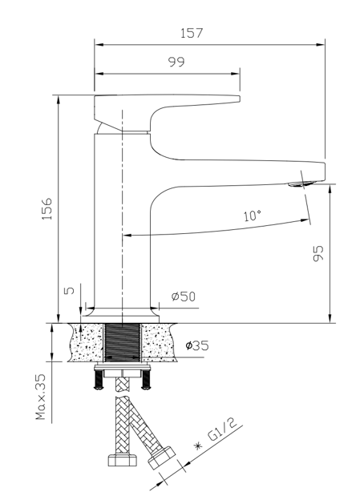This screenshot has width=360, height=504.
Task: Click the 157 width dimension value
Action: coord(192,33)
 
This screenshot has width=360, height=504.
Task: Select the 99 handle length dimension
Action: coord(176,62)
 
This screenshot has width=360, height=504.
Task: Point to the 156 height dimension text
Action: coord(47,209)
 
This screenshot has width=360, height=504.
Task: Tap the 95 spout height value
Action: coord(318,253)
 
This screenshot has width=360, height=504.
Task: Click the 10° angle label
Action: coord(253,215)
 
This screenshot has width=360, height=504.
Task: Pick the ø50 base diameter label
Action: coord(184,296)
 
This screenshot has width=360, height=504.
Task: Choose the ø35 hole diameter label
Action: coord(197,345)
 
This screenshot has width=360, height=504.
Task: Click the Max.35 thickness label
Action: coord(41,397)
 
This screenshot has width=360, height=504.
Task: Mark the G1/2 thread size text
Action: coord(222,430)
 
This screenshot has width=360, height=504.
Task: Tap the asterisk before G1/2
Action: coord(198,446)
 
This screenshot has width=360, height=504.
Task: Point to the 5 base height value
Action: coord(69,290)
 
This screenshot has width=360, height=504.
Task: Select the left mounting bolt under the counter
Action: coord(99,379)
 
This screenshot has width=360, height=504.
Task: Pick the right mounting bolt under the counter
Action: coord(146,379)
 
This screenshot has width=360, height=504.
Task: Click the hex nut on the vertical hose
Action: coord(122,460)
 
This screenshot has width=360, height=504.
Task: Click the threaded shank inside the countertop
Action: coord(123,343)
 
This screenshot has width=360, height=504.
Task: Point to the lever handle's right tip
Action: coord(240,99)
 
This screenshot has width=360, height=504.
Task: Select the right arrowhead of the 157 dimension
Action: coord(321,45)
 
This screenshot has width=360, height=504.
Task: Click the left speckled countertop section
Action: coord(87,343)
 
